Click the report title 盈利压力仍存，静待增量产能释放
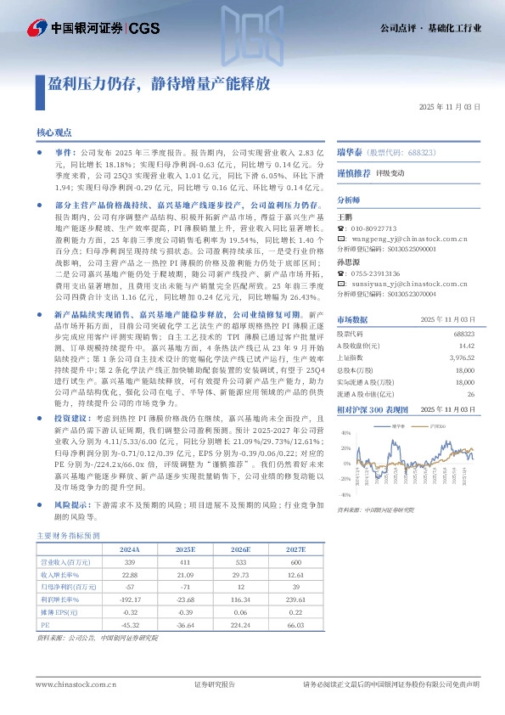[158, 84]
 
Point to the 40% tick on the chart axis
[345, 433]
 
